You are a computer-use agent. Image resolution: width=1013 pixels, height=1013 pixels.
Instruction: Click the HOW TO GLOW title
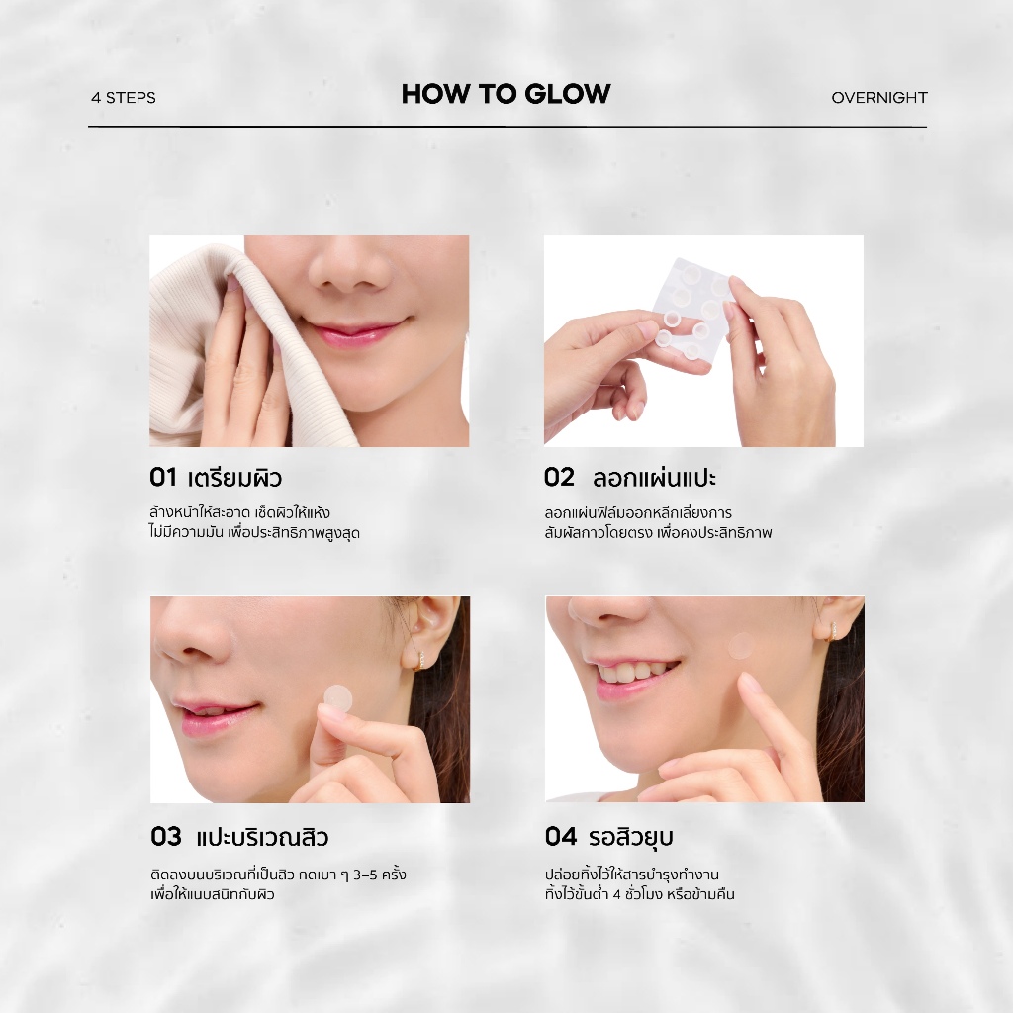pos(506,94)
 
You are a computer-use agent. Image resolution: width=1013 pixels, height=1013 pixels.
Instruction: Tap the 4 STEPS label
pos(124,98)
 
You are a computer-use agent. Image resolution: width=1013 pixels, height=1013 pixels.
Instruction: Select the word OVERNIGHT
pos(879,98)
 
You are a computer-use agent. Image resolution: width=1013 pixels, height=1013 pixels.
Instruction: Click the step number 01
pos(163,478)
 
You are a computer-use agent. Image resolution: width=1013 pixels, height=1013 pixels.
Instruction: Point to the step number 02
pos(559,478)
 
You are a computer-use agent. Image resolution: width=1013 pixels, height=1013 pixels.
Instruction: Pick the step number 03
pos(166,837)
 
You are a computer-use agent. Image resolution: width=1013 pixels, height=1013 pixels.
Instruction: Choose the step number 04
pos(561,837)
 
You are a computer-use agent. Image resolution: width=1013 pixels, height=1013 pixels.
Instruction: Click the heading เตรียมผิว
pos(235,478)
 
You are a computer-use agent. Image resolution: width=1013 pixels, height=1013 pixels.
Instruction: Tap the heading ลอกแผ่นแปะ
pos(655,478)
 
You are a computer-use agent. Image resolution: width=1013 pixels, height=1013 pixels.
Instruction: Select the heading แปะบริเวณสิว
pos(262,837)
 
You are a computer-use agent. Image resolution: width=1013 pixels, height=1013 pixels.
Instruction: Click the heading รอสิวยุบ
pos(630,837)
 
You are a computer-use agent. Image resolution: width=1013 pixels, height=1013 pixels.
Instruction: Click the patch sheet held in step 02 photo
pos(689,309)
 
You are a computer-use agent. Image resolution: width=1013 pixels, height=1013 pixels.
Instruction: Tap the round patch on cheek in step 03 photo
pos(338,696)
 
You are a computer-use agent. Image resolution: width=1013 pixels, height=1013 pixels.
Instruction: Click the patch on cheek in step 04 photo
pos(742,645)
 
